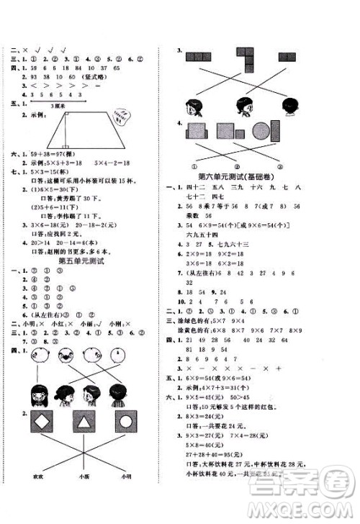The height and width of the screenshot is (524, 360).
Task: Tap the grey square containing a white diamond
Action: [42, 421]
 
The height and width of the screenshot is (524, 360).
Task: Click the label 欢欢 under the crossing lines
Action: [36, 476]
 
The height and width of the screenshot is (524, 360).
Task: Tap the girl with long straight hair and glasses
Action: [40, 394]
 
